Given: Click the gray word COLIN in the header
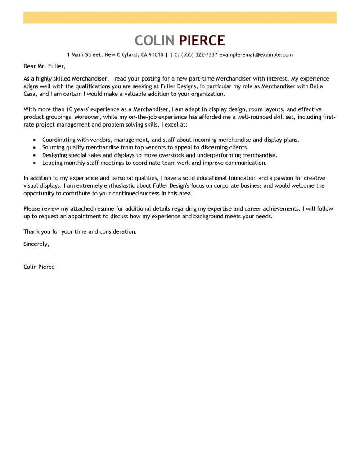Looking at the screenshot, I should [x=154, y=41].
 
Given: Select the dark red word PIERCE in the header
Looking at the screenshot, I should [x=202, y=41].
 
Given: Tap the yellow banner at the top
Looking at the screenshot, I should [x=180, y=18].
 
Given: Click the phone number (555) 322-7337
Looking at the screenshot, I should [x=199, y=55].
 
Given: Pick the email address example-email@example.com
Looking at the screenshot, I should [x=256, y=55].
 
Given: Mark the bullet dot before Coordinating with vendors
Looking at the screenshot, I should [x=35, y=140].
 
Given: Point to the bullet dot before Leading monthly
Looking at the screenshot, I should [x=35, y=163].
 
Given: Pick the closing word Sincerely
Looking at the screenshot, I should [x=36, y=244].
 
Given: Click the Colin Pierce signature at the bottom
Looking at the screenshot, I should [x=39, y=267].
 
